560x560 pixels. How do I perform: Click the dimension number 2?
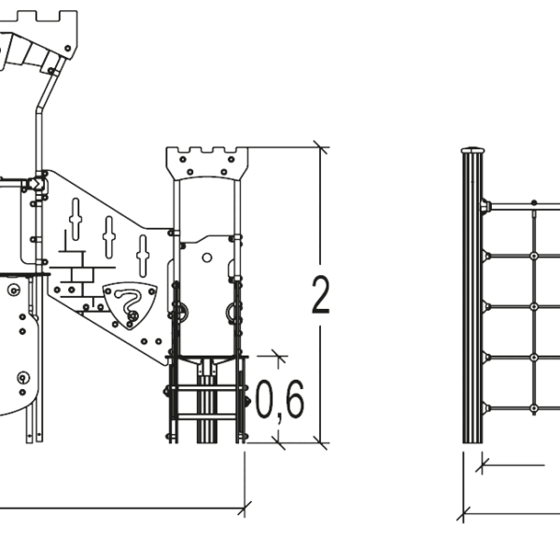pos(320,295)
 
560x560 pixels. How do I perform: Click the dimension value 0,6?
pos(280,400)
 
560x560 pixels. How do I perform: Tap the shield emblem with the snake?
pos(131,304)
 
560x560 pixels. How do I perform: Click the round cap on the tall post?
pos(473,150)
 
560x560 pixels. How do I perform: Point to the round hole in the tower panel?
pos(207,258)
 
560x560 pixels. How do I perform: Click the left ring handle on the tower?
pos(183,313)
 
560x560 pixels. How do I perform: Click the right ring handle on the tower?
pos(231,312)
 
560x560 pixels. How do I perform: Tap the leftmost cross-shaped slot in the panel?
pos(76,218)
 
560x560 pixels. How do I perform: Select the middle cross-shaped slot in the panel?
pos(109,237)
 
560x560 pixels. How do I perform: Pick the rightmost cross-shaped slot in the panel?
pos(143,256)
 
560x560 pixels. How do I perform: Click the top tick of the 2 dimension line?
pos(320,147)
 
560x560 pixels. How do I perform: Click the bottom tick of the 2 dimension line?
pos(320,443)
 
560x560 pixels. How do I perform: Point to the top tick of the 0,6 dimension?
pos(279,357)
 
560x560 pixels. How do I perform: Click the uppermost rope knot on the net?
pos(534,203)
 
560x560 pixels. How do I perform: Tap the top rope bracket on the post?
pos(486,206)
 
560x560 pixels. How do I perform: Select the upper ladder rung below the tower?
pos(205,388)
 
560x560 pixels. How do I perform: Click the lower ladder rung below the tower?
pos(206,416)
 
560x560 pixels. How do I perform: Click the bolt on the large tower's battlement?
pos(67,48)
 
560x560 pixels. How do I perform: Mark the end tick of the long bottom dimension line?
pos(245,508)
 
